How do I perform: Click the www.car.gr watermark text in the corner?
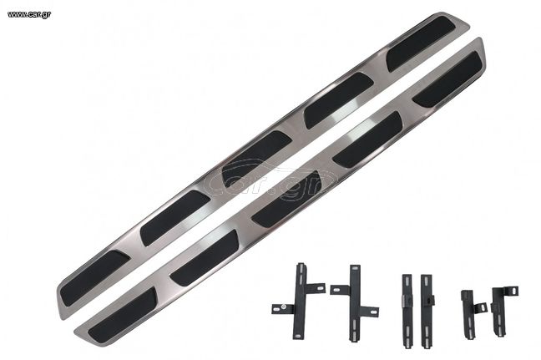[x=29, y=14]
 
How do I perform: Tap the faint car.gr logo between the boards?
[x=270, y=182]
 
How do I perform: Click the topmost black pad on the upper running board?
[x=420, y=43]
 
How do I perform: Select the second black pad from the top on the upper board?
[x=338, y=100]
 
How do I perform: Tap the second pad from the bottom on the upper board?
[x=175, y=218]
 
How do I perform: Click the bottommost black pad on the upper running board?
[x=95, y=278]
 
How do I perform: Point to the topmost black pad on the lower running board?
[x=447, y=79]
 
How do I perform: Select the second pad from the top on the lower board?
[x=367, y=139]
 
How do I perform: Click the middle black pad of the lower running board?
[x=287, y=199]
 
